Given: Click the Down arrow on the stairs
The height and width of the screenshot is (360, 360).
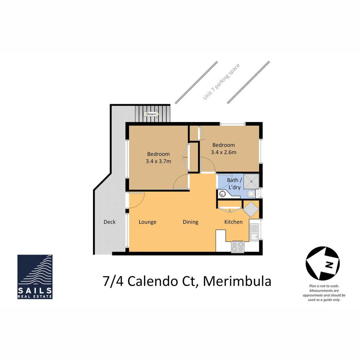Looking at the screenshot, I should [x=151, y=114].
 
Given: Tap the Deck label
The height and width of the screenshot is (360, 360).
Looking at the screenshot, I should [x=109, y=222].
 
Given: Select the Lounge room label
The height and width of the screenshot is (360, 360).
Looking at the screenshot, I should [x=147, y=222].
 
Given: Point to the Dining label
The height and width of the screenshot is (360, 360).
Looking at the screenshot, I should [x=190, y=222].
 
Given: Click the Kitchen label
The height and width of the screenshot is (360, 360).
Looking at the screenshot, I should [x=233, y=222].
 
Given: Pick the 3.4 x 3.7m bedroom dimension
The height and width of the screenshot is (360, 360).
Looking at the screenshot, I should [x=158, y=162].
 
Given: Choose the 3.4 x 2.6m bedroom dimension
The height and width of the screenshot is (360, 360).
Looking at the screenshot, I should [x=223, y=152].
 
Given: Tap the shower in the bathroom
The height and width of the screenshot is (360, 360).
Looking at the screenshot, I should [x=251, y=181].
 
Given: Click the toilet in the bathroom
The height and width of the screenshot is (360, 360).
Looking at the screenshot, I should [x=251, y=194].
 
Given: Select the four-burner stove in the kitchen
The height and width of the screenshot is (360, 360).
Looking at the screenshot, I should [x=238, y=246].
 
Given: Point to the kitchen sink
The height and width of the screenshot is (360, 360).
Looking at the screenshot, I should [x=254, y=232].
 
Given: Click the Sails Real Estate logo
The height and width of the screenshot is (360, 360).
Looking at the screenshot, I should [x=35, y=277].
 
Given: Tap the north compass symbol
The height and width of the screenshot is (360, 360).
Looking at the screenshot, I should [x=322, y=264].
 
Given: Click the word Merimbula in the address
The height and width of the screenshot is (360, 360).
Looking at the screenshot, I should [x=237, y=281].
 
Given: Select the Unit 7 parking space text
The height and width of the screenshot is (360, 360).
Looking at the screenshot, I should [x=221, y=82].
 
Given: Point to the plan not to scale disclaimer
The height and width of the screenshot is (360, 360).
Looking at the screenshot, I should [x=324, y=293].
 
